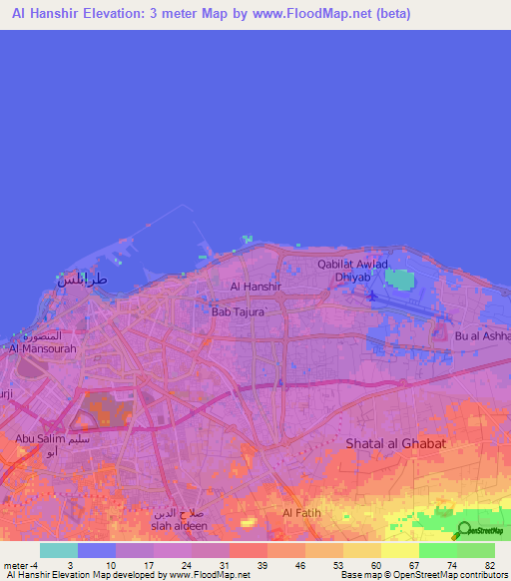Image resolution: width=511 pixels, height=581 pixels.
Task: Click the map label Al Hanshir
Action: [x=256, y=287]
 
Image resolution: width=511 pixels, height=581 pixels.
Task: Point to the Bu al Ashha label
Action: [x=482, y=336]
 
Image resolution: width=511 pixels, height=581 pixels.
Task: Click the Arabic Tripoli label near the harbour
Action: [x=80, y=280]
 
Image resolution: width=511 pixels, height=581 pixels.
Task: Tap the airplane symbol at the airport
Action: [x=373, y=295]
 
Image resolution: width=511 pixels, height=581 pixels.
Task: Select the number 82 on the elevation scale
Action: [x=489, y=564]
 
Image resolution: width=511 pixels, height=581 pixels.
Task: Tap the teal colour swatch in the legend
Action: [x=59, y=550]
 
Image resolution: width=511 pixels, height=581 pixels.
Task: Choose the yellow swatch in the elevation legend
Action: [x=399, y=550]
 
